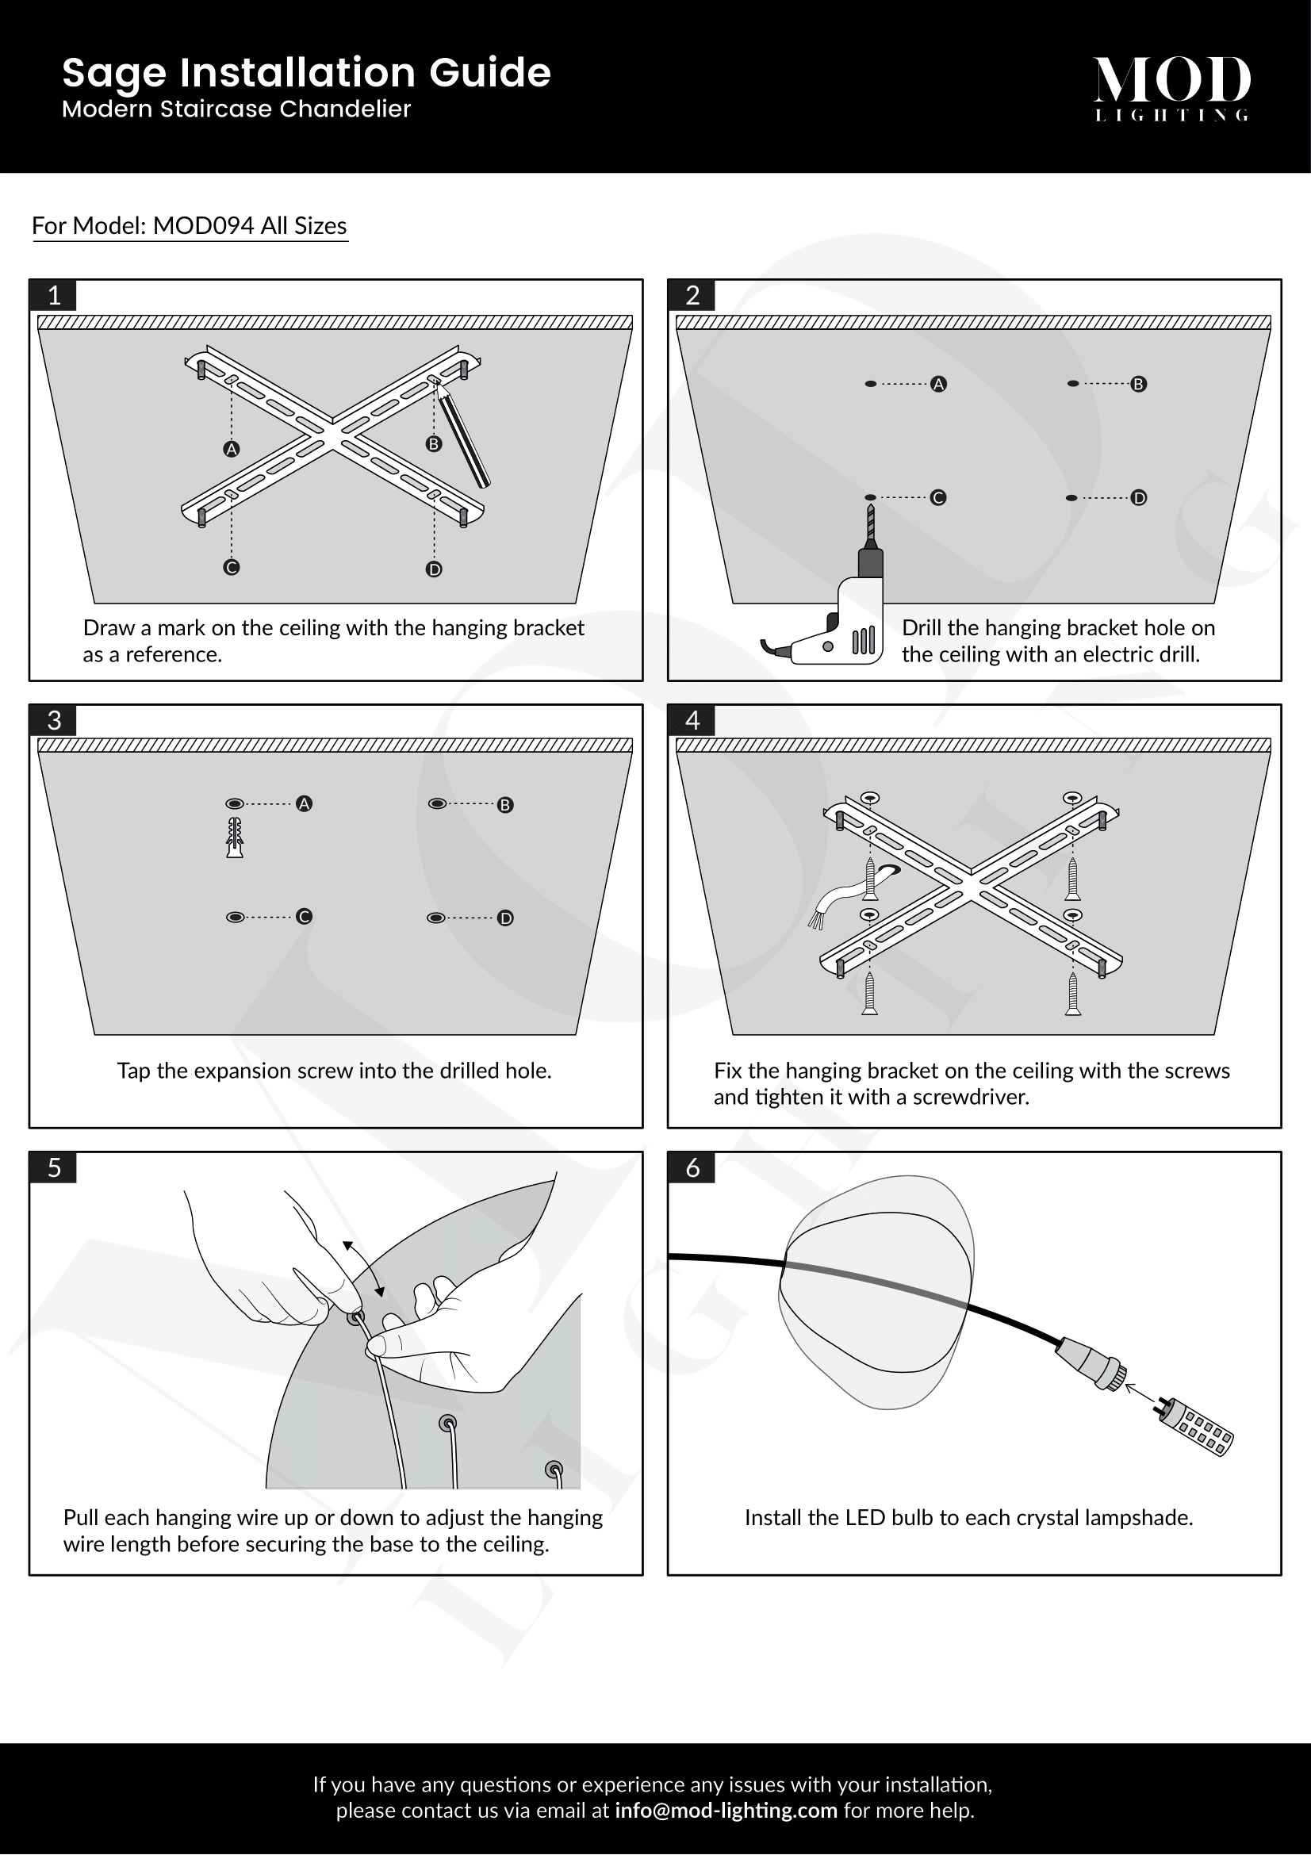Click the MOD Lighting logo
(x=1172, y=89)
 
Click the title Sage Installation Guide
(x=306, y=73)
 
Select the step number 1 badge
(x=54, y=296)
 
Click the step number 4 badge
(x=692, y=720)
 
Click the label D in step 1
(x=434, y=569)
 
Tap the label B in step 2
(x=1138, y=385)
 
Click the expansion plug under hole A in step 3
(x=235, y=837)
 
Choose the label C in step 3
(x=304, y=917)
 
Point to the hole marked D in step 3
(x=435, y=918)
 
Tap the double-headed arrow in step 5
(x=363, y=1269)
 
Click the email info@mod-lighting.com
(x=726, y=1810)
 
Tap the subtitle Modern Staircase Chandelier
(x=236, y=109)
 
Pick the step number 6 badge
(x=692, y=1167)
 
